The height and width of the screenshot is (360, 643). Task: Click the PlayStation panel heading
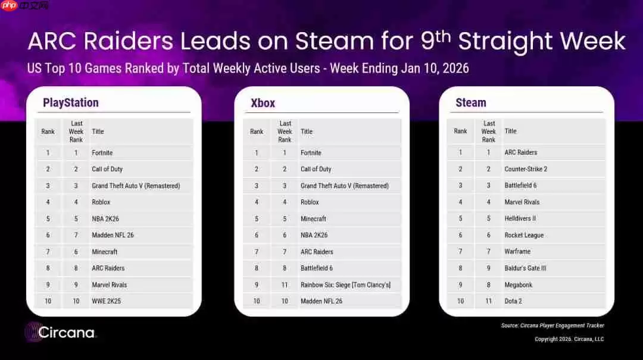point(70,103)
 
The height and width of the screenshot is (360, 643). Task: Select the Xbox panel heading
point(263,103)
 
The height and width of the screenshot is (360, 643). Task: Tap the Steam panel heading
point(470,103)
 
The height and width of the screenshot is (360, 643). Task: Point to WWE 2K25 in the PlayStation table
point(106,301)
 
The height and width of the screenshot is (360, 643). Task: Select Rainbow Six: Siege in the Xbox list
point(345,285)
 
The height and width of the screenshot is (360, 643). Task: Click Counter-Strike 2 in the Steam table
point(526,169)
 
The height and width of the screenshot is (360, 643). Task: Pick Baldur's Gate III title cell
point(525,268)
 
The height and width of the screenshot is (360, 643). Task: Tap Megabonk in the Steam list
point(518,285)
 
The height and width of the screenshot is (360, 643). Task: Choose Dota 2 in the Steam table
point(513,301)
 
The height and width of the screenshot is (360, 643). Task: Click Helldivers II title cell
point(520,218)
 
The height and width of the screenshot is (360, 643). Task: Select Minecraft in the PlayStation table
point(105,252)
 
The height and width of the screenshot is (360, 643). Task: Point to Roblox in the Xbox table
point(310,202)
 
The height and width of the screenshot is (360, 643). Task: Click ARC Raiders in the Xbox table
point(317,252)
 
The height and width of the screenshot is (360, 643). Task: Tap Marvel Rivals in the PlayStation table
point(109,285)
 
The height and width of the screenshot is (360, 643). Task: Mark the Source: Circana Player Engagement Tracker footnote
point(553,325)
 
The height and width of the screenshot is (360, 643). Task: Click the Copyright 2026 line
point(569,339)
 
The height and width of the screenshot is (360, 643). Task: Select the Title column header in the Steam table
point(510,132)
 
